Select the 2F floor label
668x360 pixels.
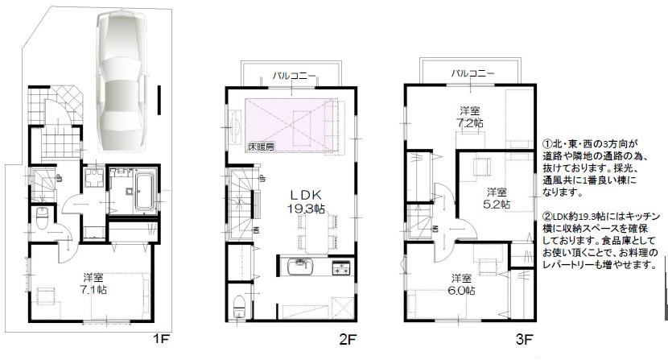point(347,338)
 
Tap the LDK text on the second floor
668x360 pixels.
point(307,195)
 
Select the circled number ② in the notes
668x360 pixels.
point(546,216)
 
